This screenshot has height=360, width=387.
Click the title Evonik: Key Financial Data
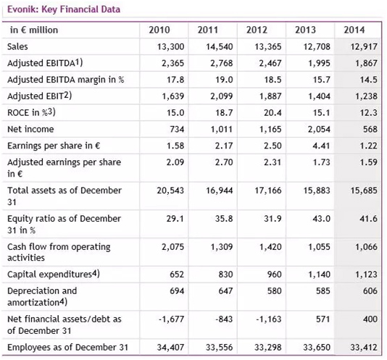(64, 9)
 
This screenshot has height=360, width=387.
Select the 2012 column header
(257, 30)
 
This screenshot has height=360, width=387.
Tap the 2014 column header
(354, 30)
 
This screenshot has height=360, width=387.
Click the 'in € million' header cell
(34, 30)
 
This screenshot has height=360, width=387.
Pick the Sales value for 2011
(220, 46)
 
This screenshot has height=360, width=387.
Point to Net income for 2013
(319, 129)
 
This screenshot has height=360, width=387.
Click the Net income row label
(30, 129)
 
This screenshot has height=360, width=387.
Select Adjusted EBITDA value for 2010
(172, 63)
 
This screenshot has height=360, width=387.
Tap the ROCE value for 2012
(272, 112)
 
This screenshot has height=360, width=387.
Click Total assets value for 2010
(170, 191)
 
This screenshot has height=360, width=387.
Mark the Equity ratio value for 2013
(321, 218)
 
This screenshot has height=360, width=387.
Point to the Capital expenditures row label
(54, 274)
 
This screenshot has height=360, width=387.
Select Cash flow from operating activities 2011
(222, 246)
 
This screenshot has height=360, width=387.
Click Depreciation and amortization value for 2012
(275, 290)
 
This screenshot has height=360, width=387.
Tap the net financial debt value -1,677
(171, 319)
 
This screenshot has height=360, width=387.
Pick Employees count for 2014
(364, 347)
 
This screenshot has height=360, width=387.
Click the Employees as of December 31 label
(68, 347)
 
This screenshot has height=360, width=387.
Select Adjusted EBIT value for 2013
(319, 96)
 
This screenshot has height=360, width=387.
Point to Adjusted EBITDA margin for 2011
(224, 80)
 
